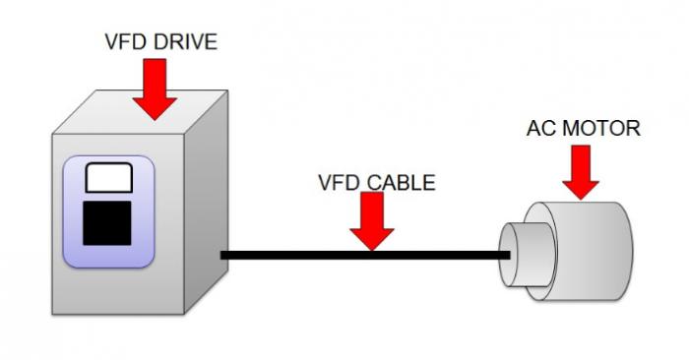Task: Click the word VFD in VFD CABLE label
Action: tap(337, 183)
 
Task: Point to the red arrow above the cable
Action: tap(371, 221)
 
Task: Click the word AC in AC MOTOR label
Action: tap(541, 129)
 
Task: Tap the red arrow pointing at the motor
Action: tap(582, 175)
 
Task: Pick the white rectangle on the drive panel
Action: tap(107, 178)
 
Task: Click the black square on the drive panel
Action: tap(108, 221)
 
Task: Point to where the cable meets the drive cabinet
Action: tap(222, 256)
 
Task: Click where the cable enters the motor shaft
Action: tap(508, 256)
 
